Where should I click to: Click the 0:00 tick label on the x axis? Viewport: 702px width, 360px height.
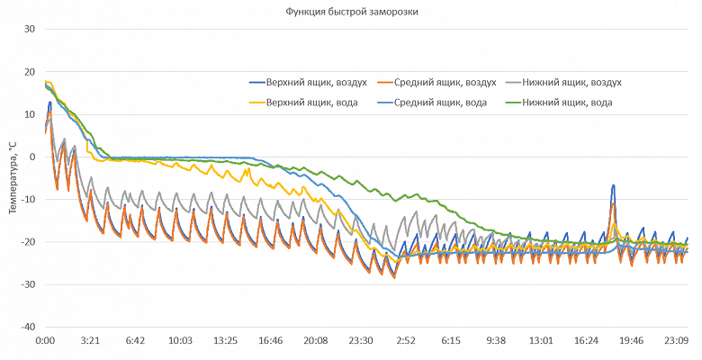coord(45,342)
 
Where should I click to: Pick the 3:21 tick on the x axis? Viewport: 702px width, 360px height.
coord(90,342)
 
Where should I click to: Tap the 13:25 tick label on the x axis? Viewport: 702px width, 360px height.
coord(225,342)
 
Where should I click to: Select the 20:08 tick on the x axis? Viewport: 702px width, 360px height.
coord(315,342)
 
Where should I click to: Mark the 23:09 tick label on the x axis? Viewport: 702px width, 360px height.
coord(676,342)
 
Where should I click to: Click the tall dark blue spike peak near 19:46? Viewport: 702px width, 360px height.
coord(613,185)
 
